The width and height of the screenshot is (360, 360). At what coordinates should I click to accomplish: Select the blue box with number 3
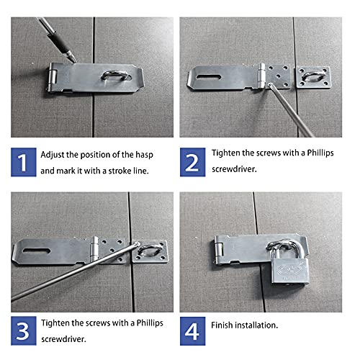tap(22, 331)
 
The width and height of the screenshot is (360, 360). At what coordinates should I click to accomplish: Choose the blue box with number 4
tap(192, 331)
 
